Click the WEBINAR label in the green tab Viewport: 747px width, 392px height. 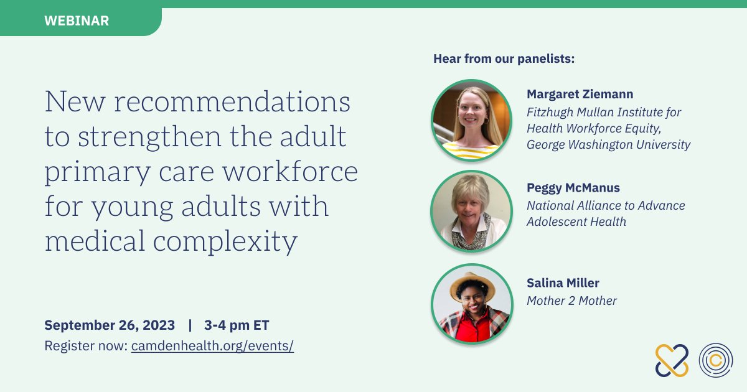point(77,21)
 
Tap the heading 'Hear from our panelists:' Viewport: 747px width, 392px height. point(504,59)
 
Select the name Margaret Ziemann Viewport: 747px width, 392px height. point(580,95)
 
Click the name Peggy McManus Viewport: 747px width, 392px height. point(573,188)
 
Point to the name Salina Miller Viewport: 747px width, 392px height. point(563,283)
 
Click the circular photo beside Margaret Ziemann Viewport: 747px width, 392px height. point(472,120)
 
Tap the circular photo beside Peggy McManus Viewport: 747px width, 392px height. point(472,211)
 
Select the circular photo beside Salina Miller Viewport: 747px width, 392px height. point(472,304)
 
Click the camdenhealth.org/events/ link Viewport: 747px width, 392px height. point(212,346)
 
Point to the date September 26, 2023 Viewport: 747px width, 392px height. point(110,325)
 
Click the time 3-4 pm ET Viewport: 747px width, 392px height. point(237,325)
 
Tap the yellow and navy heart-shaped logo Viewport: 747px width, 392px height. point(672,360)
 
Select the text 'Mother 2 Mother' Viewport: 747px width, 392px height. point(571,301)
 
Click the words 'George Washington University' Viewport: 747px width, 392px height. point(609,144)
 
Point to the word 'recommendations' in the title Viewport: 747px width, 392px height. point(232,101)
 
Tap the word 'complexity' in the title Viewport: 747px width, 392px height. point(225,241)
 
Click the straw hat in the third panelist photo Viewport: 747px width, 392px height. point(472,286)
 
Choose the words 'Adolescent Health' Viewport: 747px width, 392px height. point(576,222)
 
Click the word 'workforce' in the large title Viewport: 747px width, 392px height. point(290,171)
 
